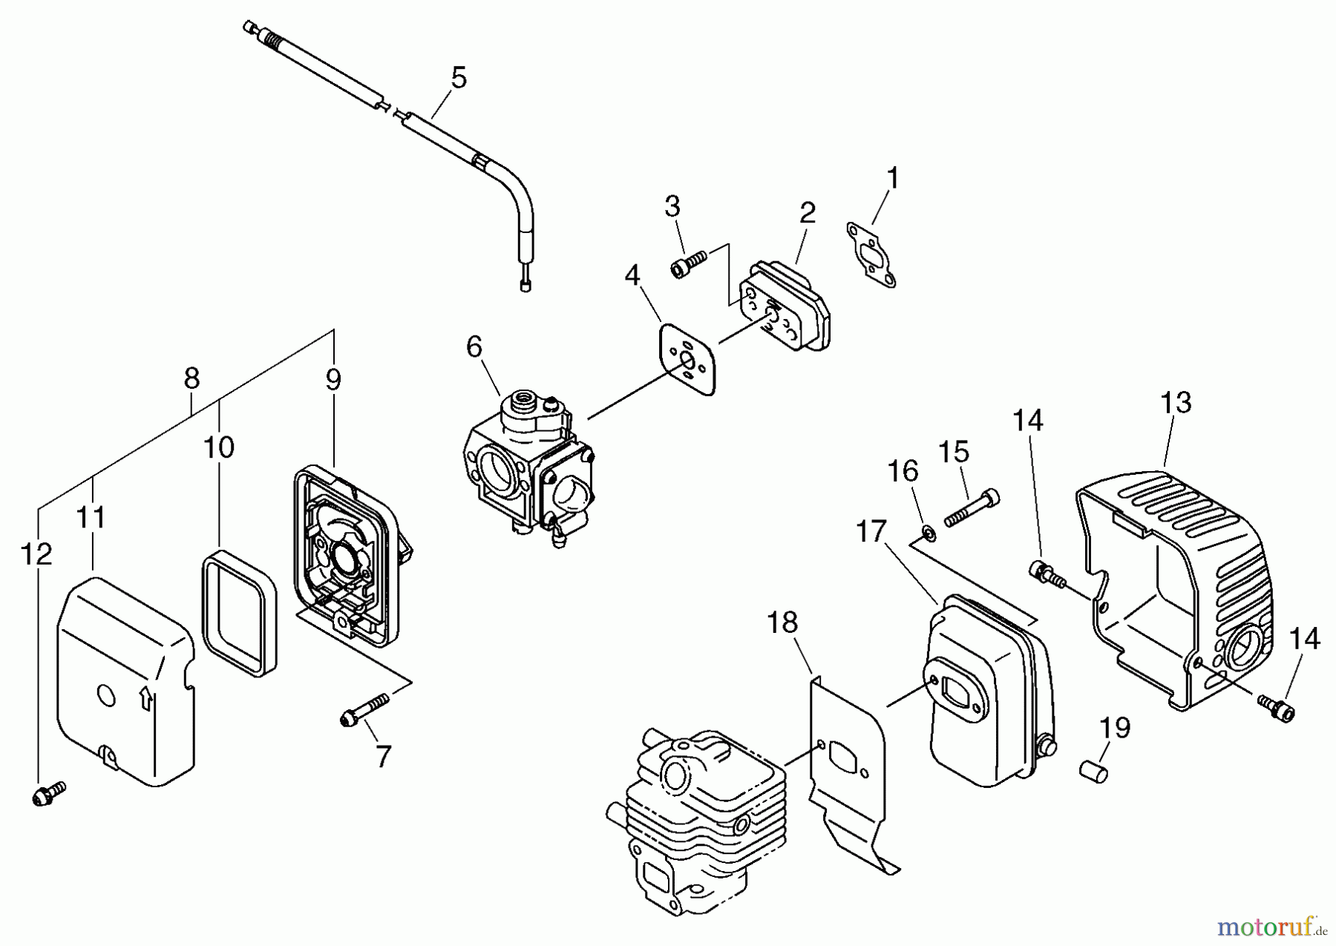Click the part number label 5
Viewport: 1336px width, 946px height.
(459, 77)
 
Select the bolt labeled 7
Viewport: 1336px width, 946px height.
(364, 709)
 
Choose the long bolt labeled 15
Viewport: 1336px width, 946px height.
(971, 508)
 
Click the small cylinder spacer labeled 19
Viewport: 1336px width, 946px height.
(1093, 768)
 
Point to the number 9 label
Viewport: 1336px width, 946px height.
(333, 380)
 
